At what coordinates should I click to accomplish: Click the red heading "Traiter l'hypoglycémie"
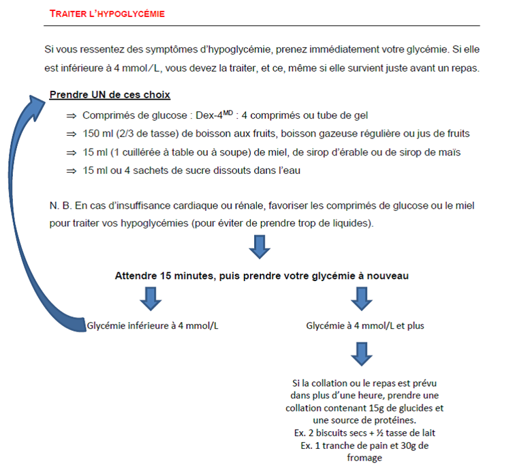108,14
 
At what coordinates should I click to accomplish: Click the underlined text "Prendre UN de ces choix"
110,94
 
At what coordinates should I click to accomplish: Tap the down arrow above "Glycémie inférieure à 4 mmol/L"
151,298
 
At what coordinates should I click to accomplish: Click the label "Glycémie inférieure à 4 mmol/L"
153,326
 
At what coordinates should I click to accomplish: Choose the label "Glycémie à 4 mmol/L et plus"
365,326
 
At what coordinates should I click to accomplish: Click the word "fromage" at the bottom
365,458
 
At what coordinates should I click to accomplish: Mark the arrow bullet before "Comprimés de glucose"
70,116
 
